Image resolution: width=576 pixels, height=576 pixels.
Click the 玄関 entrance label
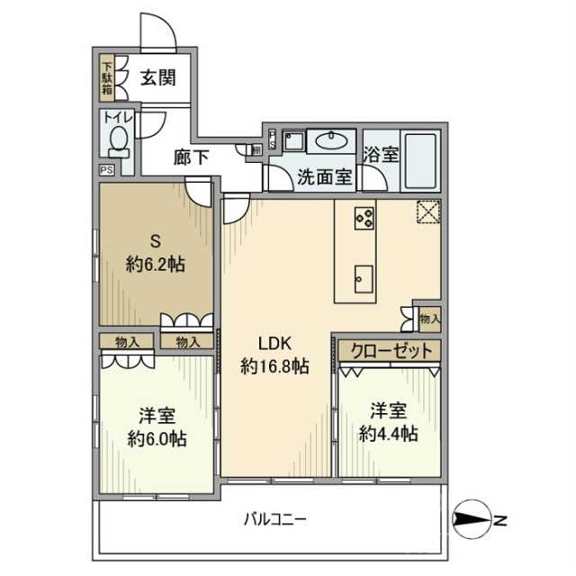click(x=157, y=78)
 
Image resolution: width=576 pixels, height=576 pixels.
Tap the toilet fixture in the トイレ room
click(x=116, y=139)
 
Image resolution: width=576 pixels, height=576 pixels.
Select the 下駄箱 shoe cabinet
click(x=106, y=78)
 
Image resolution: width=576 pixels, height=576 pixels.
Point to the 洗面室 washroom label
click(x=325, y=176)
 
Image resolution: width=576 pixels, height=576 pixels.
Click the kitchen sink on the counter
click(x=364, y=276)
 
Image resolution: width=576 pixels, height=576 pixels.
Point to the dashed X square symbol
click(x=427, y=211)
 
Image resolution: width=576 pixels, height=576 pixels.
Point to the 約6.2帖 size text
click(x=155, y=265)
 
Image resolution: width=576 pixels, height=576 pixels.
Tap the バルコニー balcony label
click(x=275, y=520)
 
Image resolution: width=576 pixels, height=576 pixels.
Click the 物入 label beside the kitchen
click(x=429, y=318)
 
